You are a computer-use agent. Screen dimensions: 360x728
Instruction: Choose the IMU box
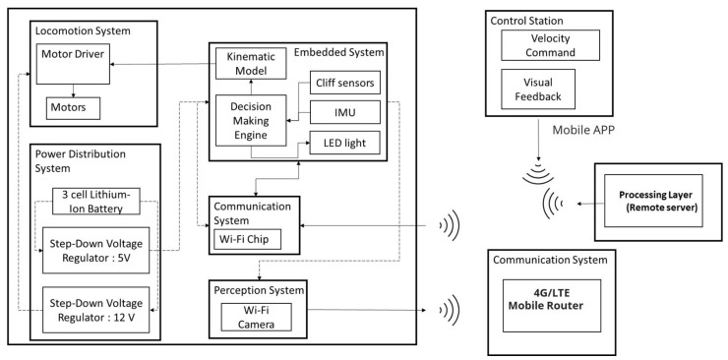pyautogui.click(x=339, y=112)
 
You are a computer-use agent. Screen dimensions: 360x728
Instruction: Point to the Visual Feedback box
pyautogui.click(x=536, y=90)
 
